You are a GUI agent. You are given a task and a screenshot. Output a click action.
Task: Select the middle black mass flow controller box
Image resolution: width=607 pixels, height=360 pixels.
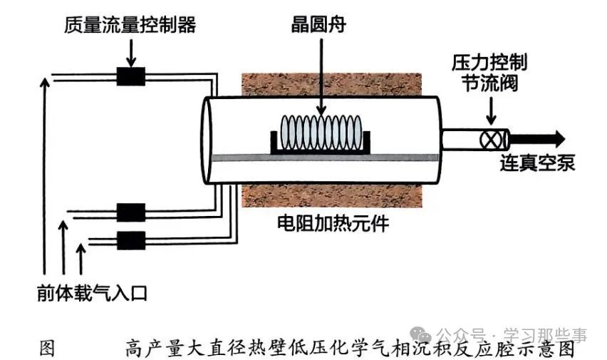pyautogui.click(x=130, y=212)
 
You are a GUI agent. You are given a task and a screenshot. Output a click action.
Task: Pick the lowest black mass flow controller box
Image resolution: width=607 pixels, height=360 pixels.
pyautogui.click(x=130, y=238)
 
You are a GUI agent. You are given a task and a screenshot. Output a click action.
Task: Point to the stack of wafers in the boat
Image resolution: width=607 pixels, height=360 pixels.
pyautogui.click(x=319, y=133)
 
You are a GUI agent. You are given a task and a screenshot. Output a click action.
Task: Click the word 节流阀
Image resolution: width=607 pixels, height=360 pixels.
pyautogui.click(x=489, y=84)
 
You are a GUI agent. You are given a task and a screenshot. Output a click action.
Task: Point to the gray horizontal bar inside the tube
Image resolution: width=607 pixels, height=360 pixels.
pyautogui.click(x=321, y=158)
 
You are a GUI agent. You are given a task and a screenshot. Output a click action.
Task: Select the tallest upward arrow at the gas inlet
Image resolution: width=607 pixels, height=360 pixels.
pyautogui.click(x=46, y=178)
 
